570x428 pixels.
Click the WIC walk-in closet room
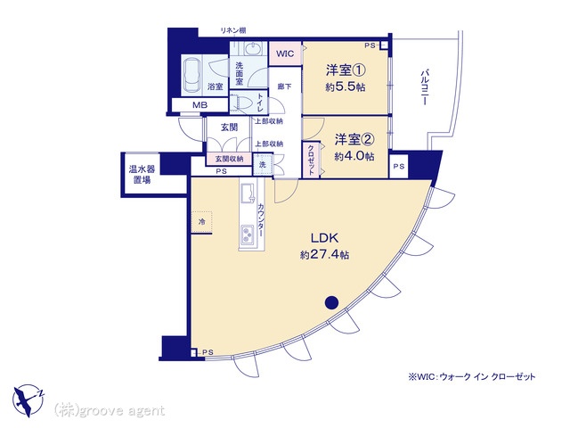tap(285, 53)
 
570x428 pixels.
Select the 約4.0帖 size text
tap(354, 156)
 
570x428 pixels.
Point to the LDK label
tap(324, 238)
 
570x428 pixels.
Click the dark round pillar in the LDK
tap(331, 302)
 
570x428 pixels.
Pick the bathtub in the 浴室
tap(191, 77)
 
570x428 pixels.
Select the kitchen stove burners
tap(248, 233)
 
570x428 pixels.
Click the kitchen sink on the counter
tap(248, 193)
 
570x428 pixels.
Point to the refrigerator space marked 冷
tap(201, 222)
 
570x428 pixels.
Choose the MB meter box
tap(199, 105)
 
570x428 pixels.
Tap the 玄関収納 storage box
tap(229, 159)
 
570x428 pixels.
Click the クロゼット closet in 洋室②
tap(311, 160)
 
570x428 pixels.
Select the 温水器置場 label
tap(142, 175)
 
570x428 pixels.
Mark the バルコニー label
tap(425, 88)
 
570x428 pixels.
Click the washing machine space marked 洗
tap(263, 164)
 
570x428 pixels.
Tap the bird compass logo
tap(28, 400)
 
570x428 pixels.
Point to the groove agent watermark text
tap(109, 411)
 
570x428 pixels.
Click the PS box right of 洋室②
tap(399, 167)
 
